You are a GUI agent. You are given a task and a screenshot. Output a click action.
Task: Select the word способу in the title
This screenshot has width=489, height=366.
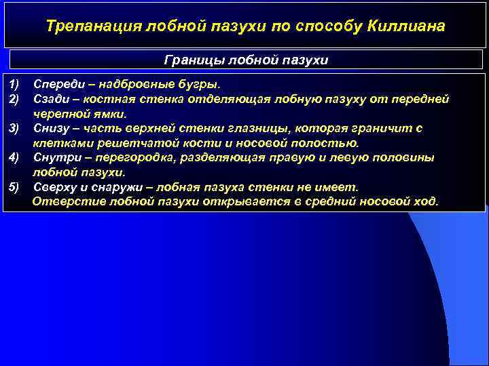(323, 26)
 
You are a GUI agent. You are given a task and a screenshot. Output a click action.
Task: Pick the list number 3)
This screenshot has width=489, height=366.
(16, 128)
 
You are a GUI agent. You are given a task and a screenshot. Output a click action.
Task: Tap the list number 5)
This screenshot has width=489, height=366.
(16, 186)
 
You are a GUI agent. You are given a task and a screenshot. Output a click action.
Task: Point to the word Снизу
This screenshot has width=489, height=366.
(52, 128)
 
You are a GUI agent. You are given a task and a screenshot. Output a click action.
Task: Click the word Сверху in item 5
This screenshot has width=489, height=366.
(56, 186)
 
